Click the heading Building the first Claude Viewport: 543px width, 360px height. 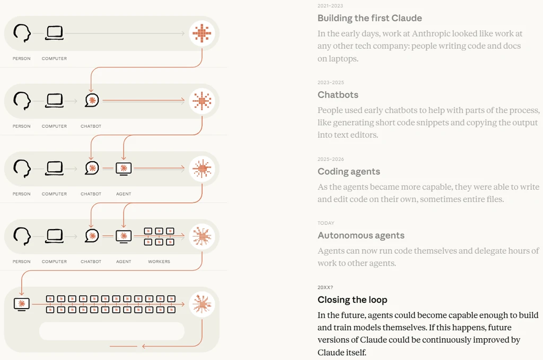pyautogui.click(x=370, y=18)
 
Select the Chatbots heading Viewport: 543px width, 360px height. pyautogui.click(x=338, y=95)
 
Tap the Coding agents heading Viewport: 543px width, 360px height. pyautogui.click(x=349, y=172)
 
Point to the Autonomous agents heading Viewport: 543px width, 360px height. pyautogui.click(x=361, y=235)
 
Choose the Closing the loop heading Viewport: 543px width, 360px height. pyautogui.click(x=352, y=300)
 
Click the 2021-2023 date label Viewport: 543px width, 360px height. pyautogui.click(x=330, y=6)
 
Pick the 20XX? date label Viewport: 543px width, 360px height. pyautogui.click(x=325, y=287)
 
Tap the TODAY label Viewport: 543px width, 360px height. pyautogui.click(x=326, y=223)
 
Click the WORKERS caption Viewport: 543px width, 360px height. pyautogui.click(x=159, y=262)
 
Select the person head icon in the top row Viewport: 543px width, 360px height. pyautogui.click(x=22, y=33)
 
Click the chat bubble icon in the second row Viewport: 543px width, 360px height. pyautogui.click(x=92, y=100)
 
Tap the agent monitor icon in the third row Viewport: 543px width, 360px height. pyautogui.click(x=124, y=169)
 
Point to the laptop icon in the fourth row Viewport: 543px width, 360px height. pyautogui.click(x=55, y=236)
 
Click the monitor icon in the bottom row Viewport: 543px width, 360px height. pyautogui.click(x=21, y=304)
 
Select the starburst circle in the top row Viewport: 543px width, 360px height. pyautogui.click(x=202, y=33)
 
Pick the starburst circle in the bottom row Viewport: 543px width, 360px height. pyautogui.click(x=202, y=304)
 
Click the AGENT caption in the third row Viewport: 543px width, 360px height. pyautogui.click(x=124, y=194)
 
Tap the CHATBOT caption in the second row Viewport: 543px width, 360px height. pyautogui.click(x=91, y=126)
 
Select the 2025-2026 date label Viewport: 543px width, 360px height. pyautogui.click(x=331, y=159)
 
